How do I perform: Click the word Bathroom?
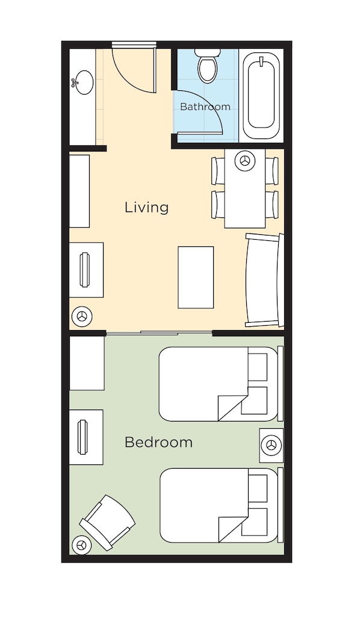205,107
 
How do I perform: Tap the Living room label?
146,207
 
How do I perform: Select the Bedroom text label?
158,442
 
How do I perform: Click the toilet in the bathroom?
208,65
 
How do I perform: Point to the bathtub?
261,95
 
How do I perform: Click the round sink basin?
84,83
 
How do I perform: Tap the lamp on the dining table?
245,161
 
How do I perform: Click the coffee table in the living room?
196,277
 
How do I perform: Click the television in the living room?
84,270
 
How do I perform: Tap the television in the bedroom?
82,437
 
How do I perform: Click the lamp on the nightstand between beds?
272,445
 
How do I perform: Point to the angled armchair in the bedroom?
107,522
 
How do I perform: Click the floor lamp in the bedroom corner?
81,545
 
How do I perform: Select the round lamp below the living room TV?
82,316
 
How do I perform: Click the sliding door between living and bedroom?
159,334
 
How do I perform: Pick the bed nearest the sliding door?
219,384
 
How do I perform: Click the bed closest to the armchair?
219,505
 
